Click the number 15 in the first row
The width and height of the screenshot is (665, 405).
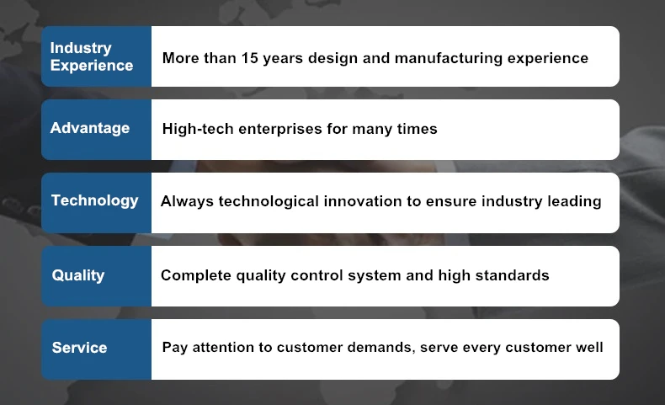coord(250,58)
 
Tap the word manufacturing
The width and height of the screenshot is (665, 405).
coord(449,59)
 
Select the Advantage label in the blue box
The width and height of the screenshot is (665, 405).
coord(90,129)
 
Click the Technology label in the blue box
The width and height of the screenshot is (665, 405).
coord(95,201)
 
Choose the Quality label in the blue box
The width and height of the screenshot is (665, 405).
coord(78,275)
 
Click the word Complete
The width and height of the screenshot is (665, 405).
coord(196,275)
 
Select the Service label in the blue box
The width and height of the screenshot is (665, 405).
coord(79,348)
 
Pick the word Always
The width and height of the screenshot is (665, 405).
coord(187,202)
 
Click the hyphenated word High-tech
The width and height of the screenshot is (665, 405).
coord(198,129)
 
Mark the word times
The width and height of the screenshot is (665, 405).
coord(418,129)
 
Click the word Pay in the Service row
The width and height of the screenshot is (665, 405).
coord(175,349)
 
